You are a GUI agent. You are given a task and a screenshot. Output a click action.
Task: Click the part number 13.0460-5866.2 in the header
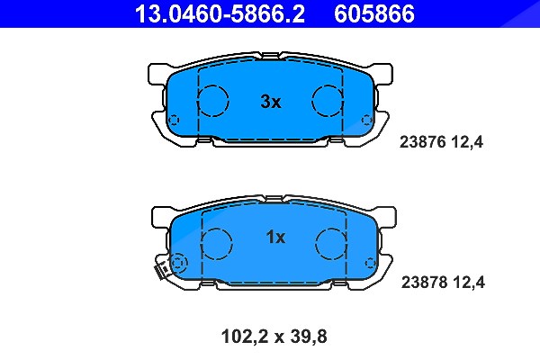pyautogui.click(x=220, y=13)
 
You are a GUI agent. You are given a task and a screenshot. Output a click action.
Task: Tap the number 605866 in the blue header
pyautogui.click(x=374, y=13)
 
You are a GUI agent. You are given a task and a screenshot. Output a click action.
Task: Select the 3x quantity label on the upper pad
pyautogui.click(x=271, y=102)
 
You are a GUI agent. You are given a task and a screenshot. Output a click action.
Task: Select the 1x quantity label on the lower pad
pyautogui.click(x=275, y=237)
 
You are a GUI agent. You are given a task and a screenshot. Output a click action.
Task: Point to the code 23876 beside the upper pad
pyautogui.click(x=423, y=142)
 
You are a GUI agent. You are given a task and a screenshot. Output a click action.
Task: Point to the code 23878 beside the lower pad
pyautogui.click(x=424, y=283)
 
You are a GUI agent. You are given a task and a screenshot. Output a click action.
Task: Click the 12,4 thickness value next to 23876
pyautogui.click(x=467, y=142)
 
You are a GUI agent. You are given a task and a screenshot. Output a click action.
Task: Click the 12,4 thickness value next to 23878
pyautogui.click(x=469, y=283)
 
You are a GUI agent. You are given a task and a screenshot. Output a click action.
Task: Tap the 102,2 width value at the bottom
pyautogui.click(x=245, y=337)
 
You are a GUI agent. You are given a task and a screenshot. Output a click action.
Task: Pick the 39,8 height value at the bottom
pyautogui.click(x=308, y=337)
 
